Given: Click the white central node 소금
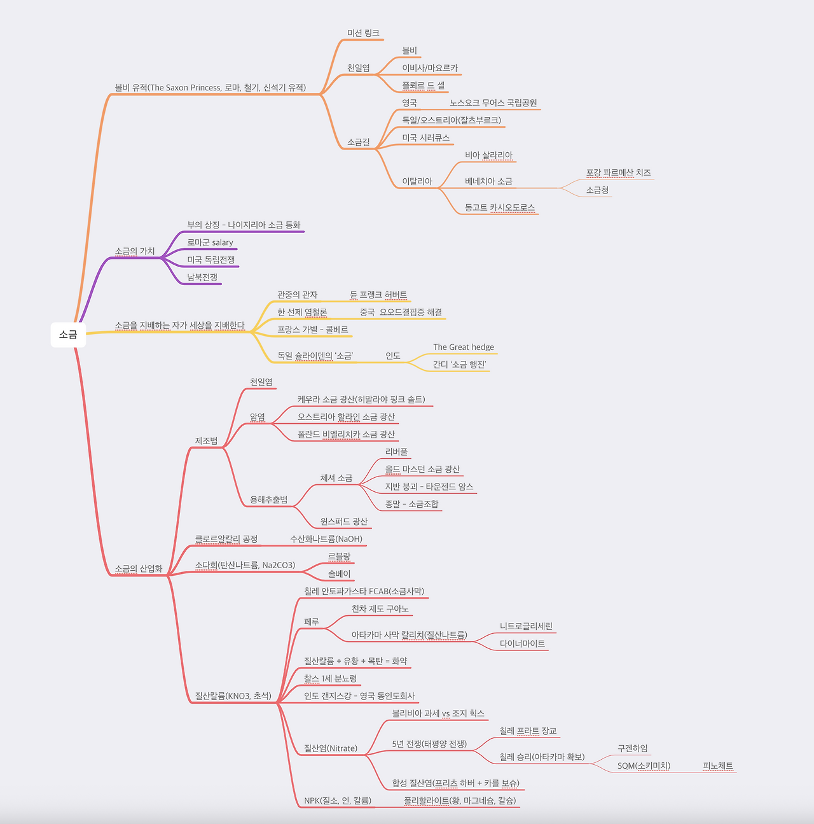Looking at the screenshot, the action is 69,335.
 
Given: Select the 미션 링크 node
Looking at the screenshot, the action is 363,33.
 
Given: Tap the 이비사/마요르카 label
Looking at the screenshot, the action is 430,68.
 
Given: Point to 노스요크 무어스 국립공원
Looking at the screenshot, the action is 493,102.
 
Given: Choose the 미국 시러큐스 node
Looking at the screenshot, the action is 426,137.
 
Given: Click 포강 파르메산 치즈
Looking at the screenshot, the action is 618,172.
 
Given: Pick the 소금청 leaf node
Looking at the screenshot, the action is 597,190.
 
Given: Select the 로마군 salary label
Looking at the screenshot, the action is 210,242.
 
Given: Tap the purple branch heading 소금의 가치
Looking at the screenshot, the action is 135,251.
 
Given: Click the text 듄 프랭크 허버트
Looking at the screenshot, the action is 378,295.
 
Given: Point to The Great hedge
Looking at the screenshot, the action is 464,347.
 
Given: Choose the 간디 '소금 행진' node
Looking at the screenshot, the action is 460,365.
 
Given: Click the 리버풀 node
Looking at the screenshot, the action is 396,452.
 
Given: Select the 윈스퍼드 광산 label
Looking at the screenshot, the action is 344,521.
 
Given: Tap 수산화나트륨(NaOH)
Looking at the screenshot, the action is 326,539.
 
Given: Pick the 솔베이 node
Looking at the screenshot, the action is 339,574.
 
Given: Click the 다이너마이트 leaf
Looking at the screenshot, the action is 523,643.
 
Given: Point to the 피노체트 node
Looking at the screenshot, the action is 718,766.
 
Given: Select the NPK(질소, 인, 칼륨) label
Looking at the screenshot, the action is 338,800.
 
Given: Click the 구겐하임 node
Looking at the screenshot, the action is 632,748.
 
